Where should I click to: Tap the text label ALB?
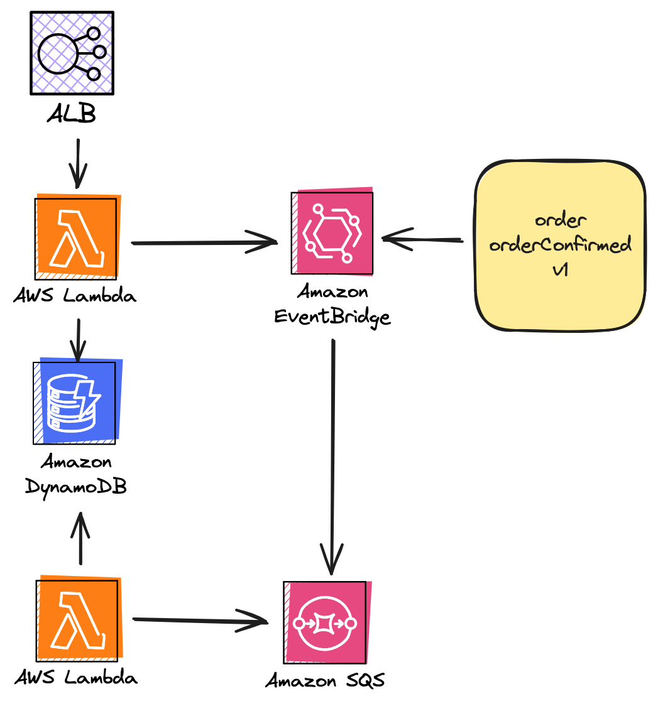pyautogui.click(x=71, y=116)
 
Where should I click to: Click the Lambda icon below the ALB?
pyautogui.click(x=77, y=237)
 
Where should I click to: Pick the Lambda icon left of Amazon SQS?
pyautogui.click(x=77, y=619)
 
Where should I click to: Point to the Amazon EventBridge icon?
pyautogui.click(x=332, y=232)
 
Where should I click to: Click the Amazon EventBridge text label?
pyautogui.click(x=332, y=304)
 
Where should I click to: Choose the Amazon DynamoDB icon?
pyautogui.click(x=75, y=401)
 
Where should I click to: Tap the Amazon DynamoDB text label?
pyautogui.click(x=76, y=474)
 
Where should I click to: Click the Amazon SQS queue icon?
pyautogui.click(x=325, y=622)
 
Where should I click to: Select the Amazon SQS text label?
pyautogui.click(x=325, y=680)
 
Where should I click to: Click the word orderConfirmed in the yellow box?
pyautogui.click(x=560, y=245)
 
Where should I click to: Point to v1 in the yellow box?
pyautogui.click(x=560, y=271)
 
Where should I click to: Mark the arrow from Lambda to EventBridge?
pyautogui.click(x=204, y=242)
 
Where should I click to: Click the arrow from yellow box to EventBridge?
pyautogui.click(x=422, y=239)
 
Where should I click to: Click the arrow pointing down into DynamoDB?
pyautogui.click(x=78, y=340)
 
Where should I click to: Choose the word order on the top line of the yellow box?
pyautogui.click(x=561, y=220)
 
